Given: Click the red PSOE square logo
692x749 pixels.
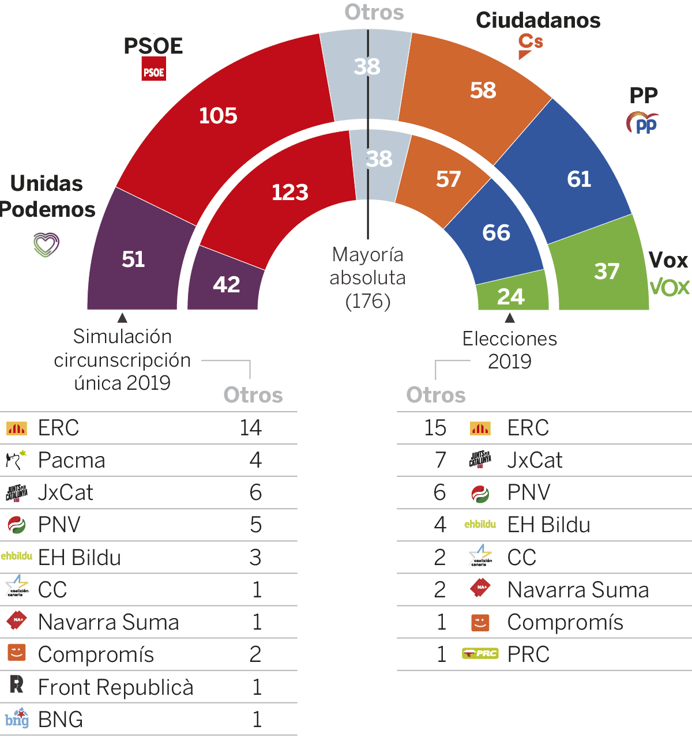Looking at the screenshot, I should [154, 71].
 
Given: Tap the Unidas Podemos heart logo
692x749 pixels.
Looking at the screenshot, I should [46, 244].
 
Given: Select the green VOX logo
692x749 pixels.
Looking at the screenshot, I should [670, 287].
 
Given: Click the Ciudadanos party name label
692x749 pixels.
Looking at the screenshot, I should [538, 20].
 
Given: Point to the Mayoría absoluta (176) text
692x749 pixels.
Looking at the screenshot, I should [368, 277].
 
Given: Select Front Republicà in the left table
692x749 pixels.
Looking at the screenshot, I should [115, 687].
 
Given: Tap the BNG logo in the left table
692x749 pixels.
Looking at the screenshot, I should [17, 718].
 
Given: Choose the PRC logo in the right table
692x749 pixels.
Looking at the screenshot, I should [480, 654].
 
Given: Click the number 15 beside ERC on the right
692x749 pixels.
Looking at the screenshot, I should [435, 428].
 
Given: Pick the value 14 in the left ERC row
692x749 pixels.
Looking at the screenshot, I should [251, 428].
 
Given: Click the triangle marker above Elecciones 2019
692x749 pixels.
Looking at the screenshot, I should [510, 318].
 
